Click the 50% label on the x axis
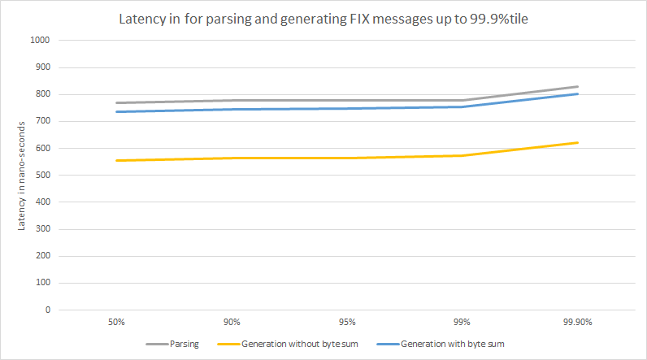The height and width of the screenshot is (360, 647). click(x=116, y=323)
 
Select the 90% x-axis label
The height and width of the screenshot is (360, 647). click(x=232, y=323)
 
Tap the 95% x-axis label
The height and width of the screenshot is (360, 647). click(x=347, y=323)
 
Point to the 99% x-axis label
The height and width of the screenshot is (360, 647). click(x=462, y=323)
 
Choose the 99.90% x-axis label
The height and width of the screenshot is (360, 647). click(x=578, y=323)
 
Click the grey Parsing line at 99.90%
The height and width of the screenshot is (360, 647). click(x=578, y=86)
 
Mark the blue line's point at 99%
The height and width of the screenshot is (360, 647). click(x=462, y=106)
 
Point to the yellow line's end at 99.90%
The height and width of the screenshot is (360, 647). click(x=578, y=142)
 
